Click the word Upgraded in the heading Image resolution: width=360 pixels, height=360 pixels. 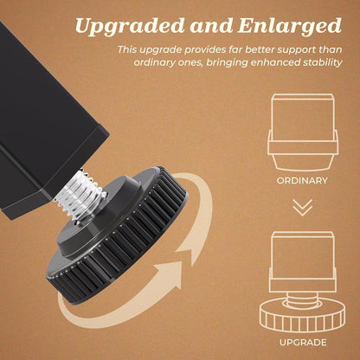[x=130, y=27]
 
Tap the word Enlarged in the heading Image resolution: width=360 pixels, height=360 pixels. [x=289, y=27]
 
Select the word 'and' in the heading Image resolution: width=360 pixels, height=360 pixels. [x=211, y=26]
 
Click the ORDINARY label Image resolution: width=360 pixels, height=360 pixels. [x=302, y=181]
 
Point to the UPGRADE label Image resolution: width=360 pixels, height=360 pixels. [x=303, y=343]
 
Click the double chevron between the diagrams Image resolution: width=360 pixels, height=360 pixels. [x=302, y=207]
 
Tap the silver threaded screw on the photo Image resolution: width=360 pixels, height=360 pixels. [x=80, y=195]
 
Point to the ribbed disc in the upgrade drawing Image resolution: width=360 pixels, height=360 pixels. [x=302, y=316]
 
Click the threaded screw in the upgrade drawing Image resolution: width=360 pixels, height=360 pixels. [x=303, y=298]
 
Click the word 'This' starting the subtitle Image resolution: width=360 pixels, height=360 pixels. [x=127, y=49]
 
